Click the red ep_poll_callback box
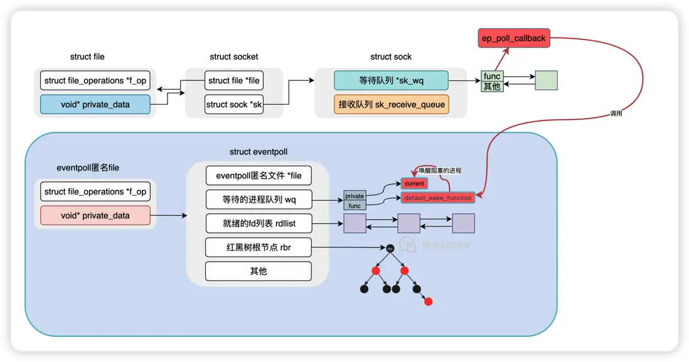(513, 38)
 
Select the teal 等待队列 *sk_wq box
(391, 80)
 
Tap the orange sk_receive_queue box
(391, 104)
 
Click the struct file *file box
(233, 80)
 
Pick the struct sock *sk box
(233, 104)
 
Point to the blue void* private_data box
(95, 104)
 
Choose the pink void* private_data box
(95, 215)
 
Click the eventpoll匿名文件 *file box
(259, 176)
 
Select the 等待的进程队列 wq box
(259, 200)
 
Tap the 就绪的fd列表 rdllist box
(259, 223)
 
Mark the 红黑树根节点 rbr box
(259, 247)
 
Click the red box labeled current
(414, 183)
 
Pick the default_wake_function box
(437, 198)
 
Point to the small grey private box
(355, 196)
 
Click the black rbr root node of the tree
(390, 248)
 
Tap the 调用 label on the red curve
(616, 114)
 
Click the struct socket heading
(233, 56)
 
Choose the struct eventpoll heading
(259, 152)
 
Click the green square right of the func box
(546, 80)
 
